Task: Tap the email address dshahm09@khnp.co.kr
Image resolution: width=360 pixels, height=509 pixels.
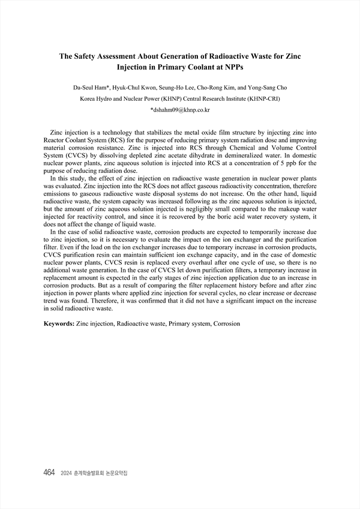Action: [179, 110]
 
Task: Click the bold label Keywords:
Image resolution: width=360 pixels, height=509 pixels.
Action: [59, 324]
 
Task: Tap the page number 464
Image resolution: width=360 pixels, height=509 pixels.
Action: [49, 472]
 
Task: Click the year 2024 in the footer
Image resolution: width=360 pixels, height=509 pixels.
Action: [67, 473]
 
